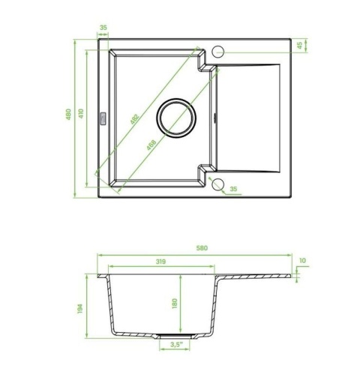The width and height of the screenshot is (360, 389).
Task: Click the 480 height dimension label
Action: click(x=68, y=114)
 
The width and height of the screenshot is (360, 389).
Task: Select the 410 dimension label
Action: click(x=81, y=113)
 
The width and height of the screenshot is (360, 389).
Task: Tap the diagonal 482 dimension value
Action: click(x=134, y=119)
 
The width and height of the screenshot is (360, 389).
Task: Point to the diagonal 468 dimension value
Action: click(x=151, y=145)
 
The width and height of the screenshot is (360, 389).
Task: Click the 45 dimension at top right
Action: click(x=299, y=46)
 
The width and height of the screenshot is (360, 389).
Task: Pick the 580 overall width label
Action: click(x=202, y=248)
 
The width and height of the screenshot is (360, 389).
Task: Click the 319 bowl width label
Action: click(x=160, y=262)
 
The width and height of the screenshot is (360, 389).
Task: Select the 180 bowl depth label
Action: click(x=175, y=304)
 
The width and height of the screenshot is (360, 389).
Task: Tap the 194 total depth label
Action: click(x=79, y=309)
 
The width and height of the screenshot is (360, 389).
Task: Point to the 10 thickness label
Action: click(x=302, y=261)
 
